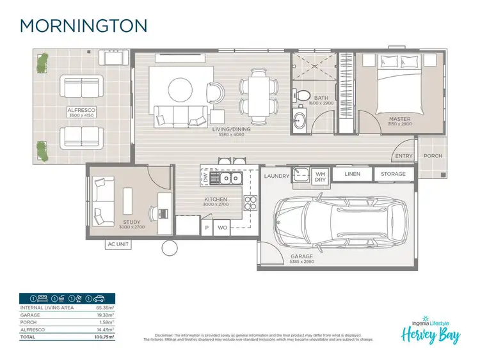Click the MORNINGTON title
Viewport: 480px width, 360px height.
(x=84, y=25)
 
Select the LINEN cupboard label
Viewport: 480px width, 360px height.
(x=352, y=174)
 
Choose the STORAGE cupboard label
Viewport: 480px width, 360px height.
(x=393, y=174)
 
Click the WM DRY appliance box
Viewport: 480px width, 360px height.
(x=320, y=176)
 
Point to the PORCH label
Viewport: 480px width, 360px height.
(x=433, y=155)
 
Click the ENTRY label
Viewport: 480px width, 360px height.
(x=404, y=155)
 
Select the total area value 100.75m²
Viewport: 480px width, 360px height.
(x=104, y=336)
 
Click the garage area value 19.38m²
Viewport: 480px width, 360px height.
(x=104, y=315)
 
